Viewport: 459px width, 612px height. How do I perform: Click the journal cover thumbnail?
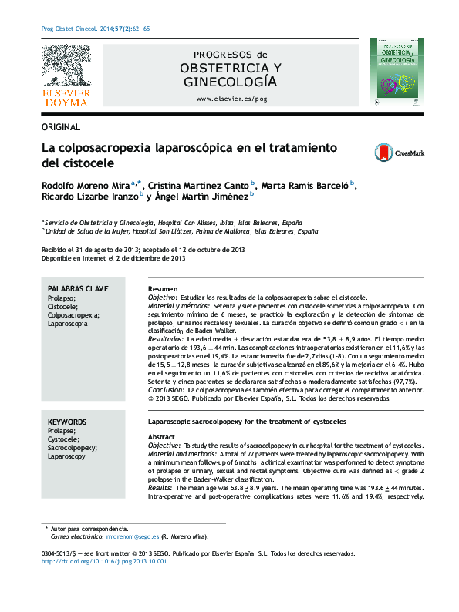tap(395, 74)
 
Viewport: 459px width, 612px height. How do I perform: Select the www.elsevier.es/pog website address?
tap(231, 99)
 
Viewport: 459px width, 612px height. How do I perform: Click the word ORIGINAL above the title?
tap(60, 127)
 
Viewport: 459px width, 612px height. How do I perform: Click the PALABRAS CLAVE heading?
tap(79, 288)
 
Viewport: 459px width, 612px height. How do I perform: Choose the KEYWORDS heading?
tap(66, 422)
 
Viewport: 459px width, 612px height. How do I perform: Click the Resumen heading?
tap(163, 288)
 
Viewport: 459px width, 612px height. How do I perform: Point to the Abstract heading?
tap(162, 437)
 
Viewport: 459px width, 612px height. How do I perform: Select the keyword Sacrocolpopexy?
tap(73, 447)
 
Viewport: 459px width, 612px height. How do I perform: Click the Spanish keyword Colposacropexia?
tap(74, 315)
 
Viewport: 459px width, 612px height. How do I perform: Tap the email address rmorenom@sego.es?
tap(133, 536)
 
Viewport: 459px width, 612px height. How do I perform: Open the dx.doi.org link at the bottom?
tap(103, 562)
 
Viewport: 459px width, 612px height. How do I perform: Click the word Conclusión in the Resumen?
tap(166, 391)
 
